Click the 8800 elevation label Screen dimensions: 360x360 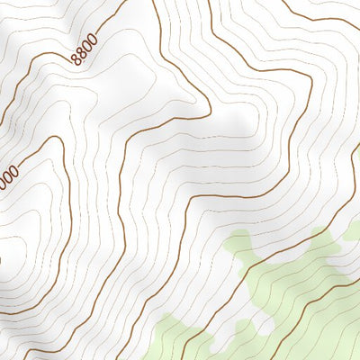pyautogui.click(x=82, y=55)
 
